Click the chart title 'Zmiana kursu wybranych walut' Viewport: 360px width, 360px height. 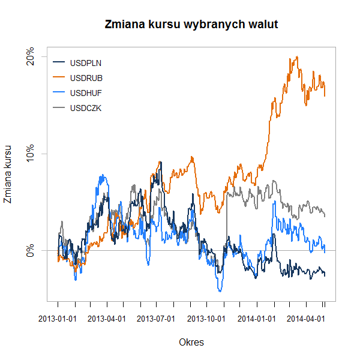(x=191, y=25)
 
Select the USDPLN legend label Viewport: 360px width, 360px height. (x=86, y=62)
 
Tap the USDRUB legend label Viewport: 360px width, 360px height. (x=86, y=77)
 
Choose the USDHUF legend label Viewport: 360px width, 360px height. (x=86, y=93)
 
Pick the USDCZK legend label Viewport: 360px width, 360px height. (x=86, y=109)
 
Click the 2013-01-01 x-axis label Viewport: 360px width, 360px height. (x=58, y=319)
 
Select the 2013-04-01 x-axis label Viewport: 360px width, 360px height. (x=107, y=319)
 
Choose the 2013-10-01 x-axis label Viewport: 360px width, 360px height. (x=207, y=319)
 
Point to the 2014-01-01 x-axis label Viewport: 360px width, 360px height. (x=257, y=319)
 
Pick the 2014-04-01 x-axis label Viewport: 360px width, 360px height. (x=307, y=319)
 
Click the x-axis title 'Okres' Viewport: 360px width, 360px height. (x=191, y=343)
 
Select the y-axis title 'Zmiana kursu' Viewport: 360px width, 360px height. (x=8, y=174)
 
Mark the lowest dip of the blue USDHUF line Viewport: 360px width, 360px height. (x=220, y=291)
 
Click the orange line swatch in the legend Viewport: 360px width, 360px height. (x=59, y=77)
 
